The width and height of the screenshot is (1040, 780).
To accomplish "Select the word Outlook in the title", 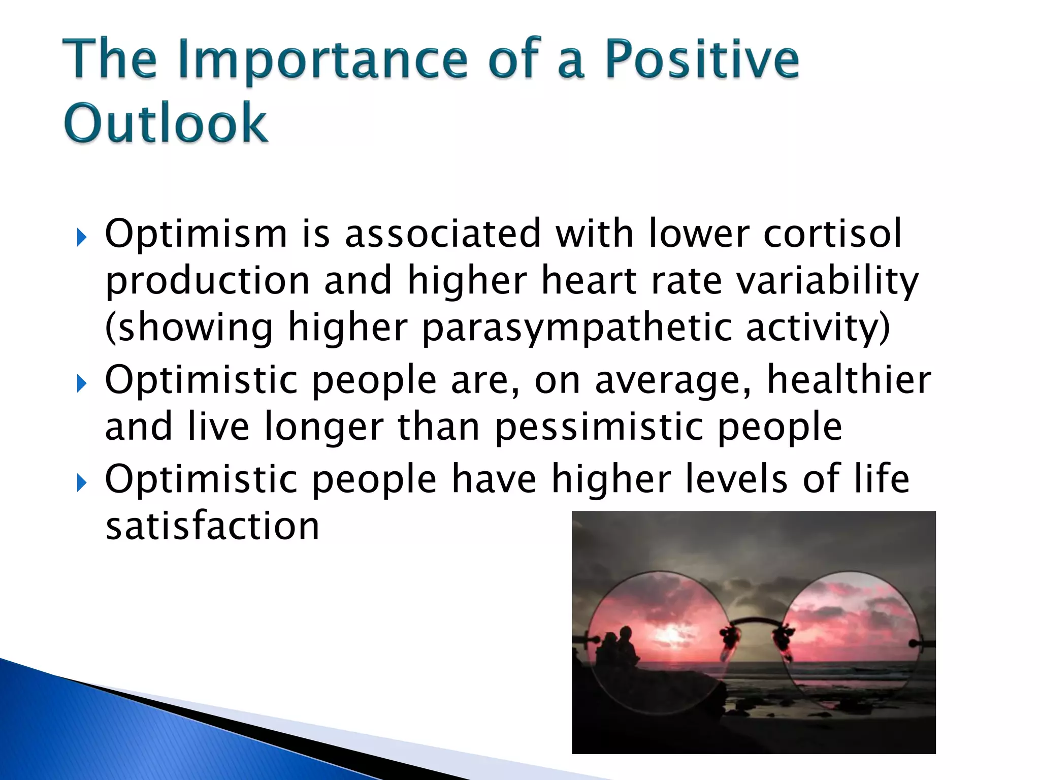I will pyautogui.click(x=166, y=123).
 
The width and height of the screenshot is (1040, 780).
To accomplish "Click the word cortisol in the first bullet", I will pyautogui.click(x=832, y=234).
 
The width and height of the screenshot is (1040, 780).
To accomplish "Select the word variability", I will pyautogui.click(x=828, y=281).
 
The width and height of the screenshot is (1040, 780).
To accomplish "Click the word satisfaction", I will pyautogui.click(x=212, y=526).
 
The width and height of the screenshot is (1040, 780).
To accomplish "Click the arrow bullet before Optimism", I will pyautogui.click(x=81, y=237).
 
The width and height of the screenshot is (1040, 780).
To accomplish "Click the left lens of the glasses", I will pyautogui.click(x=660, y=640).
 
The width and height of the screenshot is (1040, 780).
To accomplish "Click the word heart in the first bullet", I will pyautogui.click(x=589, y=281).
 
